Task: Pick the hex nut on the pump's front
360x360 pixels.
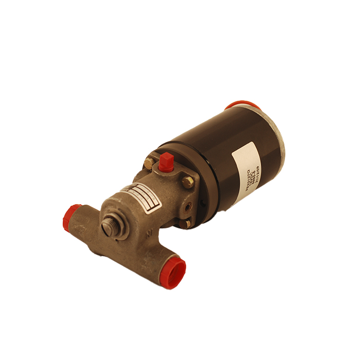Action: click(x=110, y=226)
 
